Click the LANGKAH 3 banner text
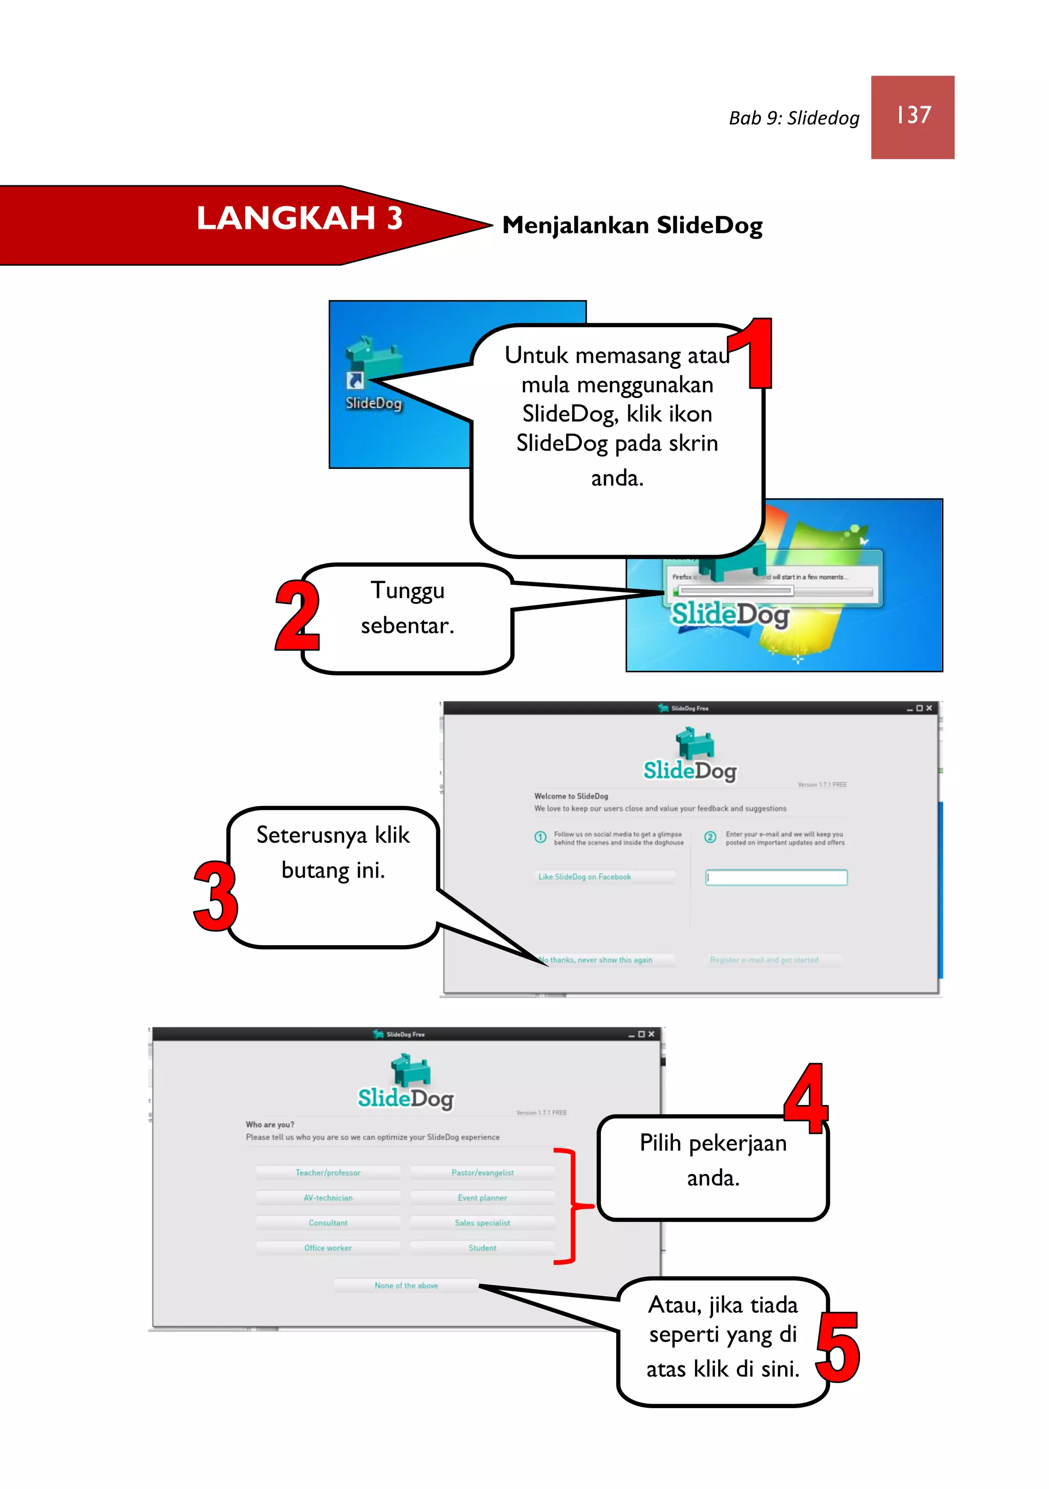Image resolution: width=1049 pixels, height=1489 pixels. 299,219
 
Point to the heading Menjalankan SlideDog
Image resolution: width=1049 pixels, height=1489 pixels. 632,226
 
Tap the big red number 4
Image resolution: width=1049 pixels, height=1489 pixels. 806,1099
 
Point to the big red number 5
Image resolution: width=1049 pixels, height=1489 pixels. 838,1348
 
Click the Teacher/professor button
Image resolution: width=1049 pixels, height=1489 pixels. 328,1173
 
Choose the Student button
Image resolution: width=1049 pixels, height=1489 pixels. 482,1248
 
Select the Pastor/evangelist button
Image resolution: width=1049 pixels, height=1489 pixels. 482,1173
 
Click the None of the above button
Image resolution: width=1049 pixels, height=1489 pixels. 406,1285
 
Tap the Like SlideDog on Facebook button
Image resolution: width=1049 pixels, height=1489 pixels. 604,877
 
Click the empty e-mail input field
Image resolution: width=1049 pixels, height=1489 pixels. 776,878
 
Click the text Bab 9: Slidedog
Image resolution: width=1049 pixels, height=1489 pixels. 793,118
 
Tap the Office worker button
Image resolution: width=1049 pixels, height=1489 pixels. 328,1248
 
